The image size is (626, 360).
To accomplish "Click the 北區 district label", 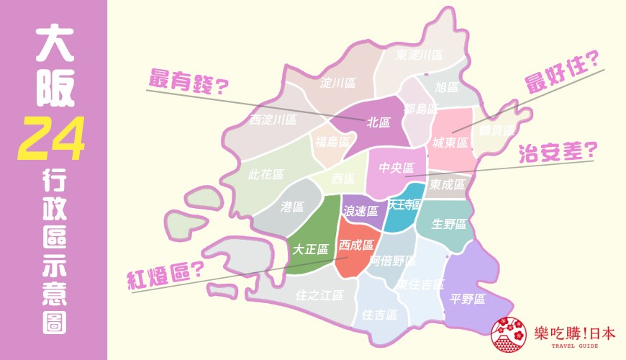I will tap(378, 122).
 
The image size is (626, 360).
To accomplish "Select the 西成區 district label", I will tap(357, 245).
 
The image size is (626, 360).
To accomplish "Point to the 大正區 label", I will tap(310, 249).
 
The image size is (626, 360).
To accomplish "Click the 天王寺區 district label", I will tap(404, 204).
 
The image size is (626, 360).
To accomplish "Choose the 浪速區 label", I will tap(360, 211).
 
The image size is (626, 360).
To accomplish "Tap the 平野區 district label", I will tap(468, 299).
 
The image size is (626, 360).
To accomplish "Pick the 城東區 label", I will tap(451, 143).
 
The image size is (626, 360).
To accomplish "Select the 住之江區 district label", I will tap(320, 295).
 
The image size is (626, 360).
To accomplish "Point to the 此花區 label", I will tap(266, 174).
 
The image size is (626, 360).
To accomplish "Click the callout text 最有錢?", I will tap(188, 81).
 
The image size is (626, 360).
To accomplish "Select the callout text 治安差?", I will tap(558, 152).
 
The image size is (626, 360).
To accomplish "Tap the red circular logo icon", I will tap(508, 334).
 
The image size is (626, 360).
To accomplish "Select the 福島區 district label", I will tap(332, 141).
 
